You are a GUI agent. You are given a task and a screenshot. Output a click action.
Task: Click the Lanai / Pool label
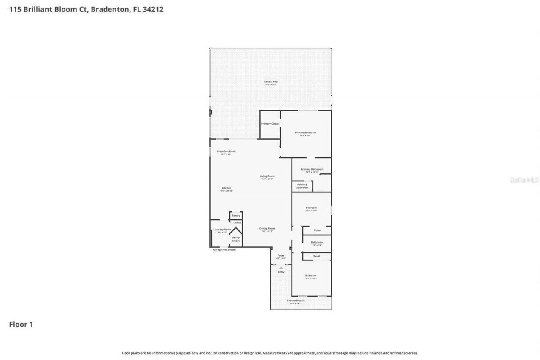tap(272, 82)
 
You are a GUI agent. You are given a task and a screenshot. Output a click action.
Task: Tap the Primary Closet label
tap(270, 124)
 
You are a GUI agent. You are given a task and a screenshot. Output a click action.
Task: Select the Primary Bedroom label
tap(305, 133)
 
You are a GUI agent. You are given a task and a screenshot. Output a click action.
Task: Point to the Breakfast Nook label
tap(226, 152)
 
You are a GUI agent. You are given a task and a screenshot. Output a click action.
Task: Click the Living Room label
tap(267, 176)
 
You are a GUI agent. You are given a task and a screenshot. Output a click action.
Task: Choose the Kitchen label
tap(227, 188)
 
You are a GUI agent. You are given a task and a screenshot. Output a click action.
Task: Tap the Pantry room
tap(236, 216)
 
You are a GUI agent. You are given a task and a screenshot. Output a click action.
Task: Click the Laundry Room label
tap(222, 230)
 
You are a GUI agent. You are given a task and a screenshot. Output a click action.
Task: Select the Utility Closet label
tap(236, 239)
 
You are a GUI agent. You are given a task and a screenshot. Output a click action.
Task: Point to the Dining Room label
tap(267, 229)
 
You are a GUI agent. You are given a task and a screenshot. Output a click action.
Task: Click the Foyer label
tap(281, 256)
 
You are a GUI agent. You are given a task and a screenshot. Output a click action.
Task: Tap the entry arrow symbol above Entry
tap(281, 267)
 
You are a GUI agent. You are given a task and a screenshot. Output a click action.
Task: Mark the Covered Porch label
tap(295, 301)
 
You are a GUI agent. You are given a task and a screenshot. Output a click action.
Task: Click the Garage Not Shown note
tap(224, 249)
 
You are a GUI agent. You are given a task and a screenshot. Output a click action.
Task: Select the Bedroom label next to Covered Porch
tap(311, 276)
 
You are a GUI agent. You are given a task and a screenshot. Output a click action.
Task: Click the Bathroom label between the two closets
tap(317, 243)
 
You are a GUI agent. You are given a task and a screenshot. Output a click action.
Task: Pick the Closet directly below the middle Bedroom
tap(317, 230)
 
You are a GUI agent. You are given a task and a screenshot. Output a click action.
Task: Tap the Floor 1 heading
tap(21, 325)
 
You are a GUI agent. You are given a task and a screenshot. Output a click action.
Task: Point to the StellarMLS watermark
tap(524, 180)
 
